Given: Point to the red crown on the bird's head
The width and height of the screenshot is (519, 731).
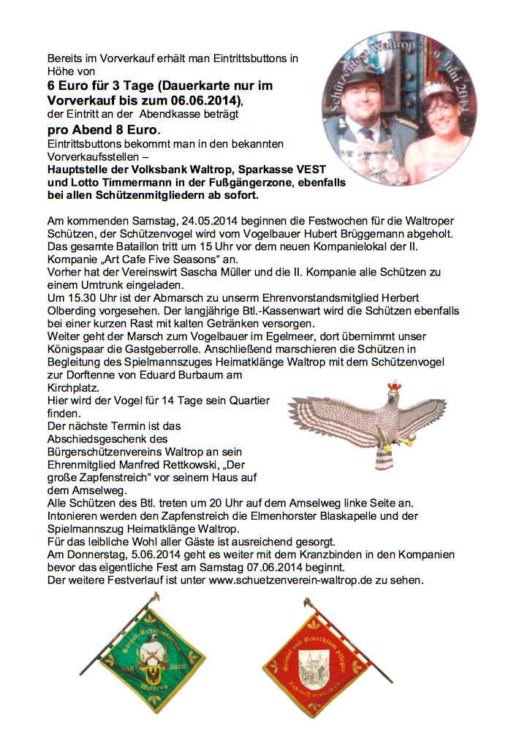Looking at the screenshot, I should [x=396, y=386].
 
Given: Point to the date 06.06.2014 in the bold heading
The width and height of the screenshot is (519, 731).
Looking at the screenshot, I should [x=200, y=99].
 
